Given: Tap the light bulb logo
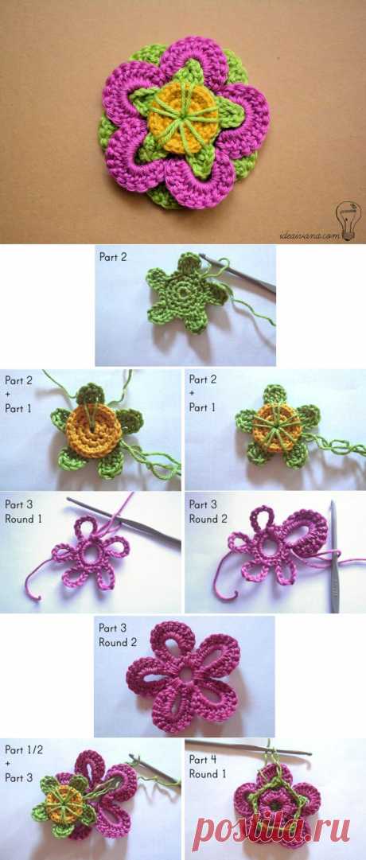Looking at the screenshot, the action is [345, 220].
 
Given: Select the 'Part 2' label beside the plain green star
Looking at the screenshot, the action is [112, 256].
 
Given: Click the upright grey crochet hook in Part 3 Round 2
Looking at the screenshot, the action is [333, 556].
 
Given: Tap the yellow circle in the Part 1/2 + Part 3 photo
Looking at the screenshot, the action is [61, 801].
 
